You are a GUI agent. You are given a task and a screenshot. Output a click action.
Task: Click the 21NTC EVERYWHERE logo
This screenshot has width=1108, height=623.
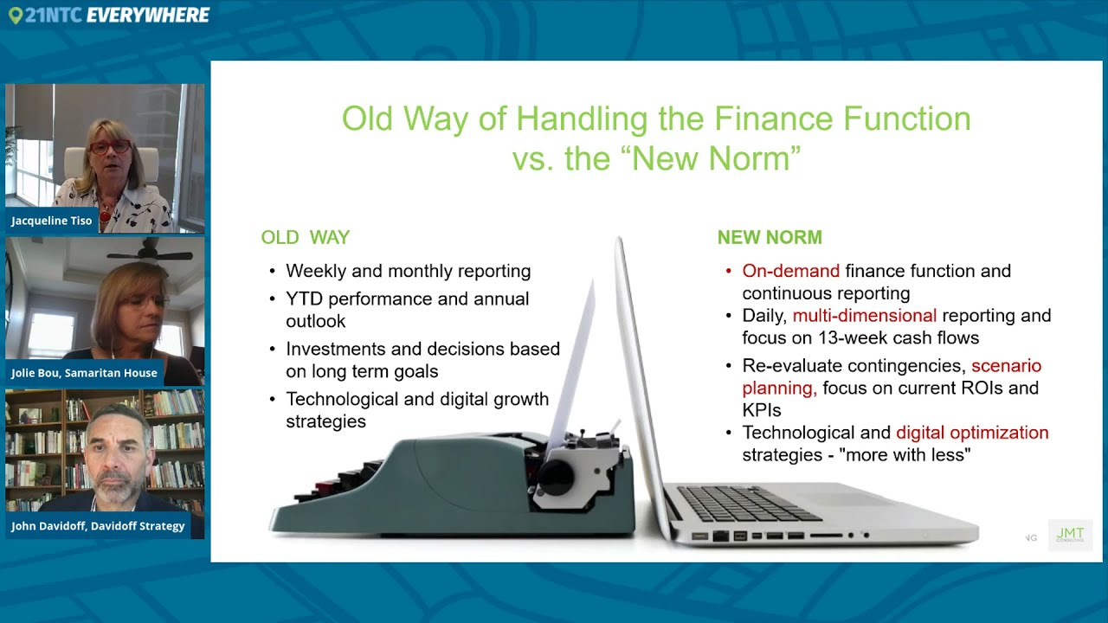[109, 15]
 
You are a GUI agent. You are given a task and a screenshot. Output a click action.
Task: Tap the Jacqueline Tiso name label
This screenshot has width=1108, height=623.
[52, 221]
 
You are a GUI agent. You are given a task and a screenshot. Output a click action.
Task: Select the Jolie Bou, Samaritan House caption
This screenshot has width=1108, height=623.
[84, 373]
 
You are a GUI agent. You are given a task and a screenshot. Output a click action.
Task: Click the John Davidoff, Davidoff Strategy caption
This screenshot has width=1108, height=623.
[98, 526]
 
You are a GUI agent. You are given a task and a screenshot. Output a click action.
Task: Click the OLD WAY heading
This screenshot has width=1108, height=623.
[305, 237]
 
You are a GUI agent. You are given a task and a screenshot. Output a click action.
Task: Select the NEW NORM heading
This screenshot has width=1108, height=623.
[769, 237]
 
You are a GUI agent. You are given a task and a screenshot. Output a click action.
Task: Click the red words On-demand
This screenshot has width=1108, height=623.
[790, 271]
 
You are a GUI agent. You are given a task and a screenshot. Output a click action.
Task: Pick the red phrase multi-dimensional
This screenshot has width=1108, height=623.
[864, 316]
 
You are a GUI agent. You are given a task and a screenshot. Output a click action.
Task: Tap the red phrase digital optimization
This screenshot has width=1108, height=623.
[971, 433]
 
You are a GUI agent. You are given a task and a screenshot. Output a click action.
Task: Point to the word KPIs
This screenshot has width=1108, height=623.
[761, 410]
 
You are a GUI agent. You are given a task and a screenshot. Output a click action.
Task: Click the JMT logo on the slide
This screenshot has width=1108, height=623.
[1070, 535]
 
